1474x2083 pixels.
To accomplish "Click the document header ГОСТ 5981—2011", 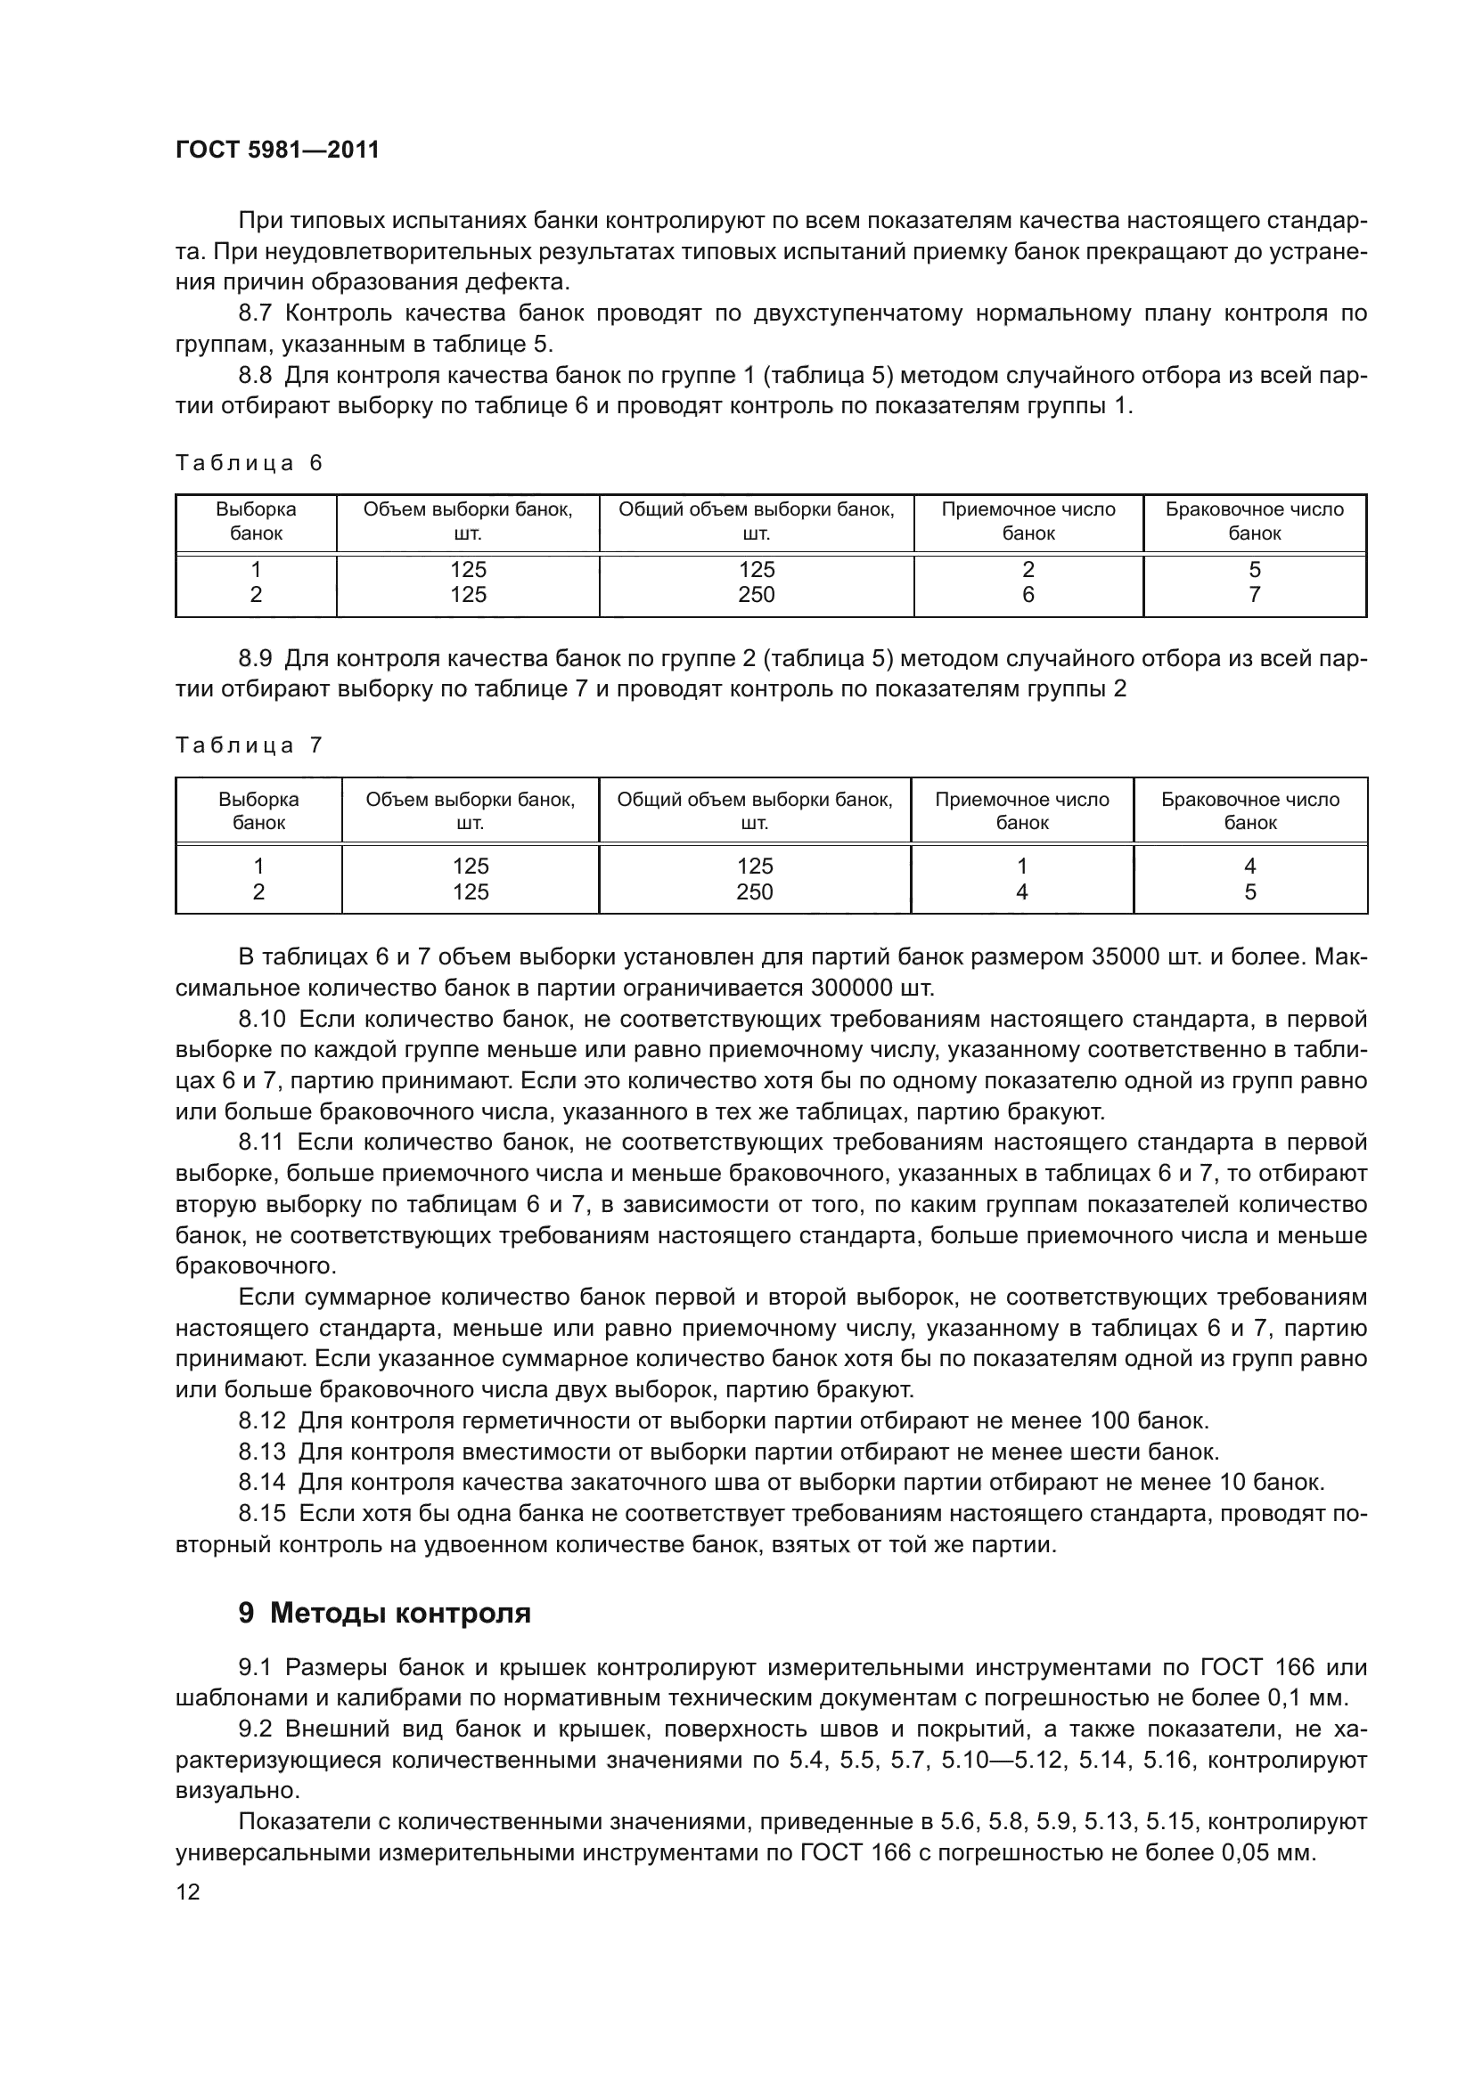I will pyautogui.click(x=277, y=150).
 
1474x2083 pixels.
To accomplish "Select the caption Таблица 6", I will pyautogui.click(x=249, y=464).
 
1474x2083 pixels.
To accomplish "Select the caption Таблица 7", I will pyautogui.click(x=249, y=745).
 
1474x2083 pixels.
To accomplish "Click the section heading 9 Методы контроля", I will pyautogui.click(x=385, y=1613).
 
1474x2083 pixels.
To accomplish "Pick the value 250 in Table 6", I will pyautogui.click(x=756, y=595).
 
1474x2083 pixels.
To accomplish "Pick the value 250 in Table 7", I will pyautogui.click(x=754, y=892).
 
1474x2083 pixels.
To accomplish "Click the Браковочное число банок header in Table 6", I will pyautogui.click(x=1255, y=522).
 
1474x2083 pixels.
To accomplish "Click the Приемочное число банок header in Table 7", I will pyautogui.click(x=1022, y=811).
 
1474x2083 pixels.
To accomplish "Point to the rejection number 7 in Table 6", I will pyautogui.click(x=1255, y=595).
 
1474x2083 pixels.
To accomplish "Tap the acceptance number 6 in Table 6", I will pyautogui.click(x=1028, y=595).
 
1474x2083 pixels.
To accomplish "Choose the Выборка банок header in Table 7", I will pyautogui.click(x=258, y=811).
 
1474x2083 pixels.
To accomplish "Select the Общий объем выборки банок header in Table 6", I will pyautogui.click(x=756, y=522).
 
